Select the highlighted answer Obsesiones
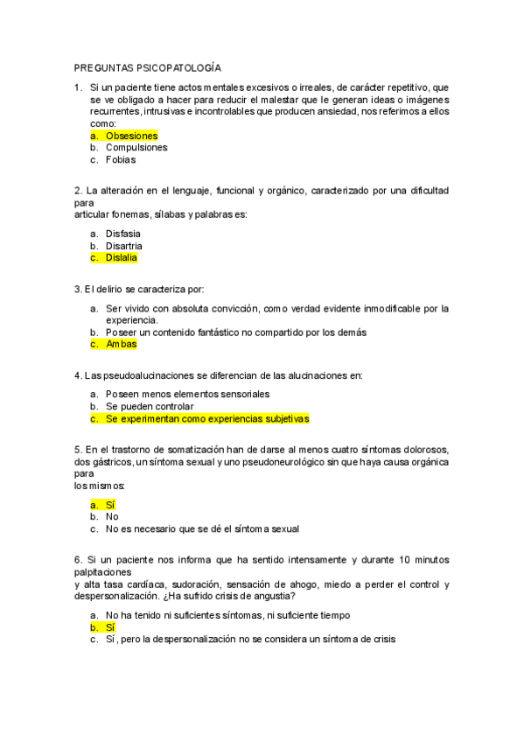[x=131, y=136]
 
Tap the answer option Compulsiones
[x=136, y=148]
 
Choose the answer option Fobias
[x=121, y=160]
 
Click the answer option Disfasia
[x=123, y=234]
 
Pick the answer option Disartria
[x=124, y=246]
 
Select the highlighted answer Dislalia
[x=122, y=258]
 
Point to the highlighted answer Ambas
[x=122, y=344]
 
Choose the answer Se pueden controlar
[x=150, y=407]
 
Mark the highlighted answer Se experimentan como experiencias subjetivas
[x=207, y=419]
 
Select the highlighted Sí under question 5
[x=110, y=505]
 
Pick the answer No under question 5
[x=112, y=516]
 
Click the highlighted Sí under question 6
[x=110, y=627]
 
